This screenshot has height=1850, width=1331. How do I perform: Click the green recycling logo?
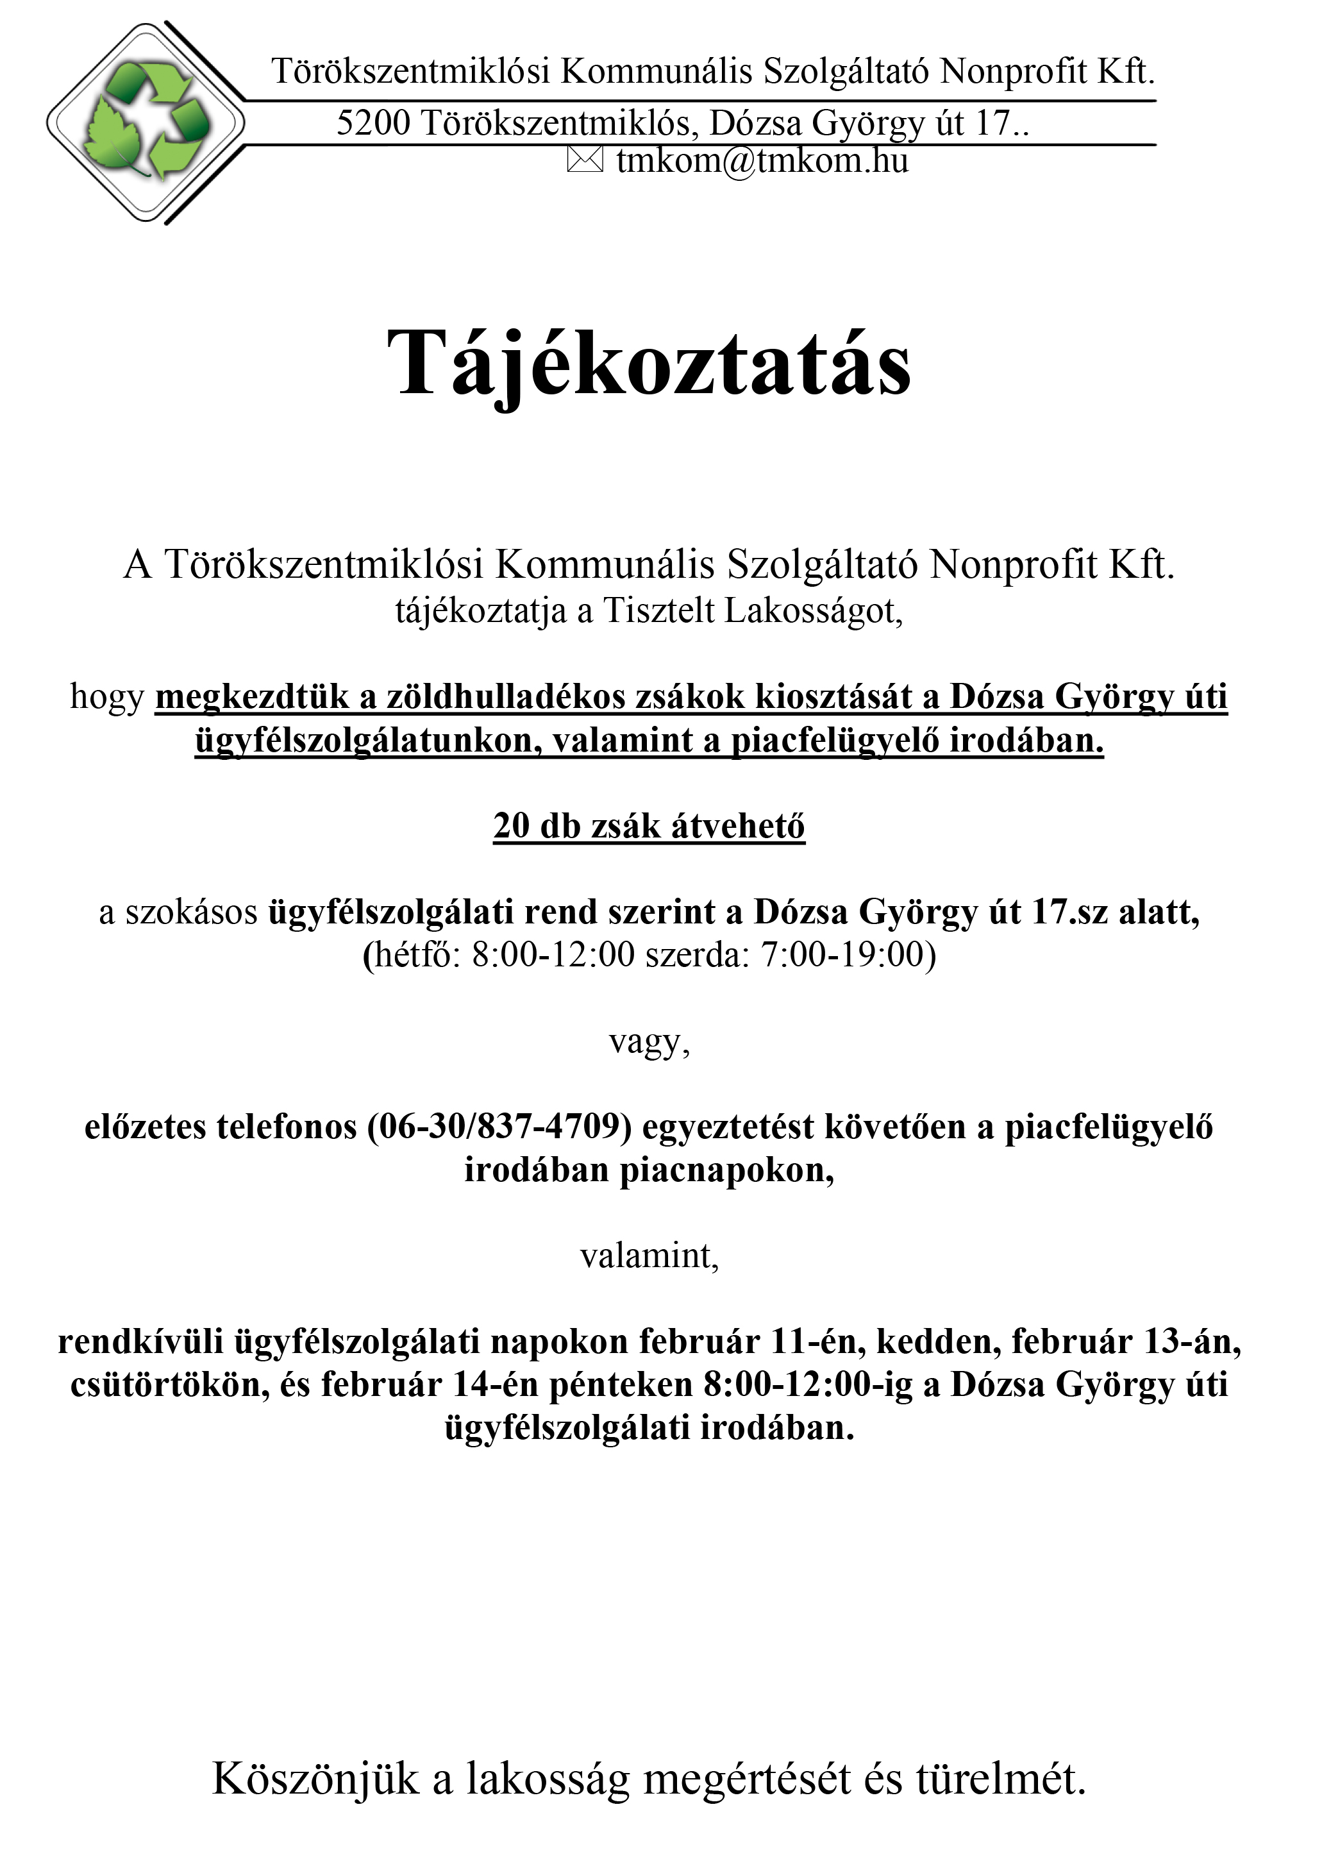click(x=147, y=122)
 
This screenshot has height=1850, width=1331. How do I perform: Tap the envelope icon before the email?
click(x=584, y=160)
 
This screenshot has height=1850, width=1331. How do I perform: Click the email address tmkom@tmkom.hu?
click(x=762, y=160)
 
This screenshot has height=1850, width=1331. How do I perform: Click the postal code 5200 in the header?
click(x=373, y=123)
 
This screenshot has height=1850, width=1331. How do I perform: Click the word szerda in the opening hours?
click(x=696, y=954)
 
